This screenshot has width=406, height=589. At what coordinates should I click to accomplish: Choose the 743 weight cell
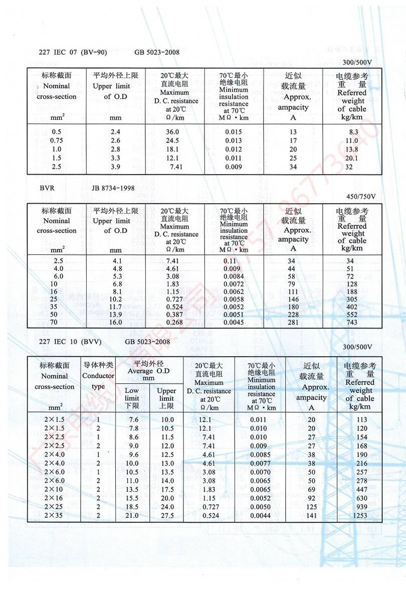[351, 322]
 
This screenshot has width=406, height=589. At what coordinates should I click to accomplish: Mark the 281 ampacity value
[292, 322]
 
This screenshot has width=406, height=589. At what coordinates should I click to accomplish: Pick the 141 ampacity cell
[311, 515]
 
